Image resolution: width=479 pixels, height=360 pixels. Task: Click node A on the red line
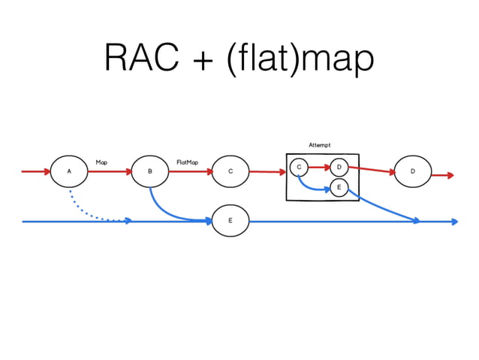coord(69,171)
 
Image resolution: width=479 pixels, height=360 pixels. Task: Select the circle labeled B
coord(149,171)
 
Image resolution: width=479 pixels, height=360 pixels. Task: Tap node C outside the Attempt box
coord(230,171)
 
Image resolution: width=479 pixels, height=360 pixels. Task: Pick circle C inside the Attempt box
coord(299,167)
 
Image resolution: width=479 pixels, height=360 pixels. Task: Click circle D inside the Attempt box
coord(339,167)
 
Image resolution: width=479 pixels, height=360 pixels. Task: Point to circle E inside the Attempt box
coord(339,186)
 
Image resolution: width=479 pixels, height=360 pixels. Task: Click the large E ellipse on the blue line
coord(230,221)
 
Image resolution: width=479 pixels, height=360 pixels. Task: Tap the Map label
coord(101,162)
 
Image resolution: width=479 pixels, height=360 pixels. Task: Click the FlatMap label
coord(187,162)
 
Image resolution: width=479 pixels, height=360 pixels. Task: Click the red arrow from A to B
coord(110,171)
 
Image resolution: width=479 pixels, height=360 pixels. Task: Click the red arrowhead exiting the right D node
coord(449,175)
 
